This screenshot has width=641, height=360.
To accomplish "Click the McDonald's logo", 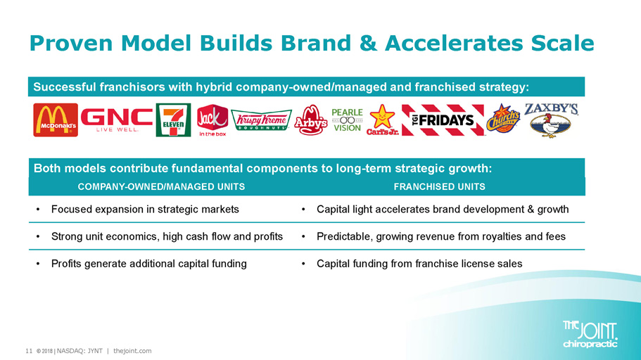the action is [x=56, y=120].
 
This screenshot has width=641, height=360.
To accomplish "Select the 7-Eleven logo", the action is [x=173, y=120].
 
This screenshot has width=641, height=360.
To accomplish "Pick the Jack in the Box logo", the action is [x=212, y=120].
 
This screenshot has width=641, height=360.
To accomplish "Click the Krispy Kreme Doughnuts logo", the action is [x=261, y=120].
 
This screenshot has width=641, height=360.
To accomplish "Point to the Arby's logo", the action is [x=311, y=120].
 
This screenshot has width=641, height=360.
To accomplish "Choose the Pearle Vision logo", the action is [x=347, y=120].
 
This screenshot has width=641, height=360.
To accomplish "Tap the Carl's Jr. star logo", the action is [x=382, y=120].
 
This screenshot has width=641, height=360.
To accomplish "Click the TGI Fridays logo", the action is [x=443, y=120].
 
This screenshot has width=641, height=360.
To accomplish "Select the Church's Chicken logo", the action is [x=503, y=119].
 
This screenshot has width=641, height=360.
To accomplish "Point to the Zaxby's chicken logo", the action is [x=551, y=120].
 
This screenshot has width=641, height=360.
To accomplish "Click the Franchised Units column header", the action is [x=440, y=187].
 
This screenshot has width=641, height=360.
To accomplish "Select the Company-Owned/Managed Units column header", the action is [x=161, y=187].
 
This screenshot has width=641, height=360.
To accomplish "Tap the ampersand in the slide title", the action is [x=368, y=44].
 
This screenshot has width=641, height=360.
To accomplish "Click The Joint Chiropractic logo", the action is [x=590, y=334].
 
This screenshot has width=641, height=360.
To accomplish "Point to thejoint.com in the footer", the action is [x=132, y=351].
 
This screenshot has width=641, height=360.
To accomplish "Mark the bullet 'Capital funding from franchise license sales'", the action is [x=419, y=264].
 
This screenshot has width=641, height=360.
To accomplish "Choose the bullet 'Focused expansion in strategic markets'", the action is [x=145, y=210].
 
